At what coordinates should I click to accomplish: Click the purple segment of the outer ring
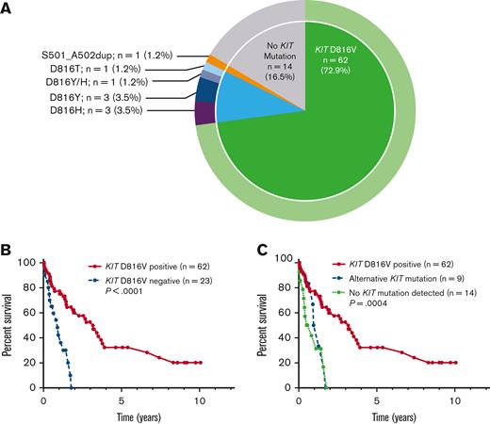click(x=201, y=113)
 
